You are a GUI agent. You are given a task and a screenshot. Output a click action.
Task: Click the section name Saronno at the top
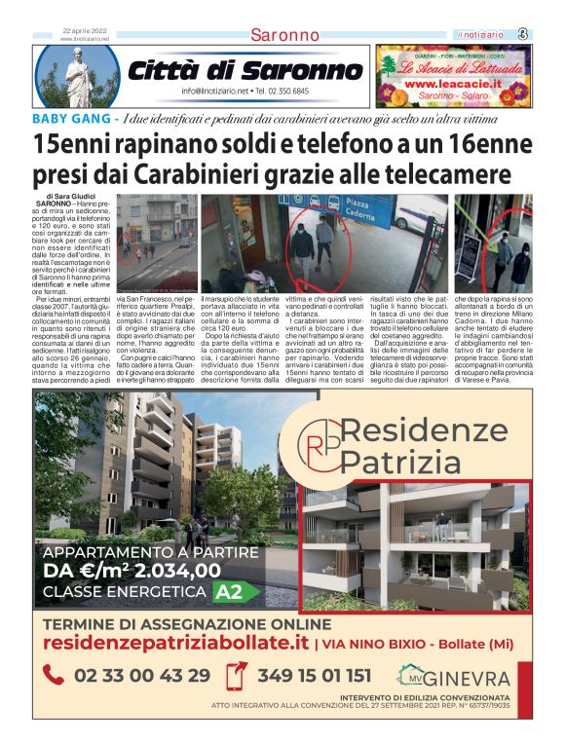pyautogui.click(x=284, y=35)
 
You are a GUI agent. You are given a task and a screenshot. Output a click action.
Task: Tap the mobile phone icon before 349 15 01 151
pyautogui.click(x=235, y=676)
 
